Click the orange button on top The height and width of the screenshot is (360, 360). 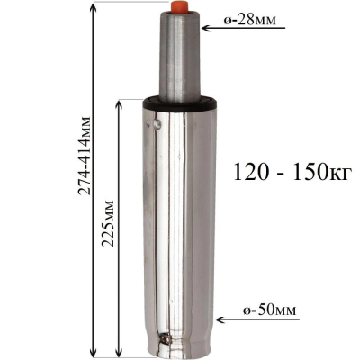tap(179, 6)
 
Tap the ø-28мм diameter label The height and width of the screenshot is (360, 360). tap(250, 21)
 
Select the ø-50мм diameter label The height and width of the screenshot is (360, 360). tap(269, 310)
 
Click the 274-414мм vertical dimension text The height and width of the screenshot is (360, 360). tap(85, 155)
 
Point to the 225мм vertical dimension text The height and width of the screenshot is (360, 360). tap(108, 223)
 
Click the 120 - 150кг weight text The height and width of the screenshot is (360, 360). tap(292, 172)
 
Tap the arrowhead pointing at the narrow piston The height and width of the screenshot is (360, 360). tap(206, 29)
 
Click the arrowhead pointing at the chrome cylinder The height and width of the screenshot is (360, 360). tap(220, 319)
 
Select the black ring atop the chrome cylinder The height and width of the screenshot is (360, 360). tap(180, 103)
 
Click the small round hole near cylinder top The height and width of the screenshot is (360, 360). tap(157, 123)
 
